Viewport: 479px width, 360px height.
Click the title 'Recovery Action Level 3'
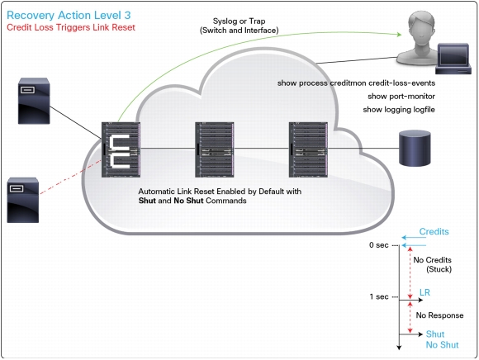[x=69, y=15]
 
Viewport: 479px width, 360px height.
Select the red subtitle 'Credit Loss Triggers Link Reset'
[x=71, y=27]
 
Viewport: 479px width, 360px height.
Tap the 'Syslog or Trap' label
[x=239, y=21]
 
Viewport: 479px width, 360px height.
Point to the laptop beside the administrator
[x=453, y=59]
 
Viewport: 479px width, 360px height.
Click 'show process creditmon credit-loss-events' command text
[x=356, y=83]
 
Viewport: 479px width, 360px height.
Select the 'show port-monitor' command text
[x=401, y=96]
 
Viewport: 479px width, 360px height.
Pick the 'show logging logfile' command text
[x=399, y=110]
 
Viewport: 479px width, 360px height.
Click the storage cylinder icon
[x=415, y=148]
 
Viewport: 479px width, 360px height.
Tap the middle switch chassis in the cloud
[x=215, y=149]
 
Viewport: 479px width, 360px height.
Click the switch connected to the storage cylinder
[x=308, y=149]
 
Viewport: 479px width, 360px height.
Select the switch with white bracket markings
[x=121, y=149]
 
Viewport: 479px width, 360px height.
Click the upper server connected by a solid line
[x=34, y=101]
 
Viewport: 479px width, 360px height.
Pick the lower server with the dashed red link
[x=23, y=200]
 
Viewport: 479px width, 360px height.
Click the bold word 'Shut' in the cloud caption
[x=147, y=201]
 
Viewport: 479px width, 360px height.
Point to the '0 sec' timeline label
[x=378, y=245]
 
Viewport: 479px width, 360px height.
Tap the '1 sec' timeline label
[x=379, y=296]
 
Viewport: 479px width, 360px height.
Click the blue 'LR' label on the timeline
[x=424, y=292]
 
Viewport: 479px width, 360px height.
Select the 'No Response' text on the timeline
[x=439, y=315]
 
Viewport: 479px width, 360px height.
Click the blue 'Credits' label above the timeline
[x=434, y=231]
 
